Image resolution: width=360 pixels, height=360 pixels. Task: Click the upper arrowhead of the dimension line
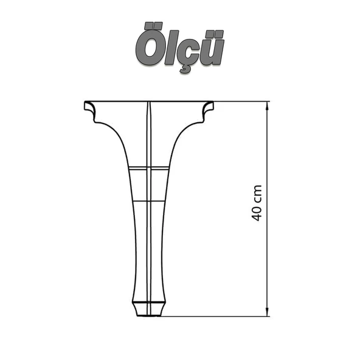pos(268,105)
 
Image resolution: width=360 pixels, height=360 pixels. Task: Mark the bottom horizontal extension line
pos(219,316)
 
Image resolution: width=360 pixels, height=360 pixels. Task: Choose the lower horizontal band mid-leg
pos(148,199)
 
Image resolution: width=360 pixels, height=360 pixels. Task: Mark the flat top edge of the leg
pos(148,101)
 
